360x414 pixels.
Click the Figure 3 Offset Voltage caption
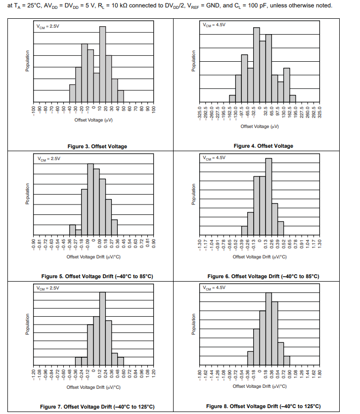tap(97, 146)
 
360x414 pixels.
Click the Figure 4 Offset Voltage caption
tap(263, 146)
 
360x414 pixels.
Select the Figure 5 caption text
tap(97, 276)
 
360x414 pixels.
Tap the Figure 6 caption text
tap(263, 276)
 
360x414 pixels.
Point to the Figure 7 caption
tap(97, 407)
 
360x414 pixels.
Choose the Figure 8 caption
tap(263, 406)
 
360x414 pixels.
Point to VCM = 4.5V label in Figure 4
tap(214, 25)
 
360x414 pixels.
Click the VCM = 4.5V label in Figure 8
tap(214, 288)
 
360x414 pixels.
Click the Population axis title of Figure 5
tap(29, 194)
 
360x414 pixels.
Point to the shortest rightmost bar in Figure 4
tap(293, 98)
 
